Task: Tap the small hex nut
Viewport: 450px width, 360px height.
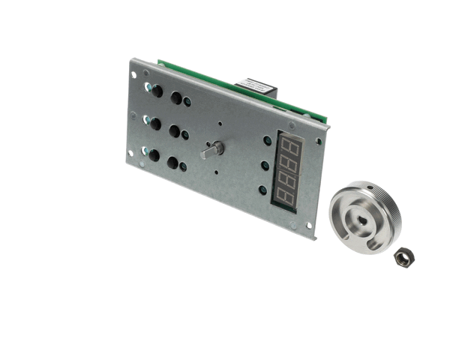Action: click(403, 257)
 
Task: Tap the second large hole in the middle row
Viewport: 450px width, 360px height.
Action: click(174, 130)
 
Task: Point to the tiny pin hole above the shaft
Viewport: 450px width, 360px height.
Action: click(220, 124)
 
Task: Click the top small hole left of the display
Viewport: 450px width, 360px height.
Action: click(268, 140)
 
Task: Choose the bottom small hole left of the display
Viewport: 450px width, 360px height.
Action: click(262, 190)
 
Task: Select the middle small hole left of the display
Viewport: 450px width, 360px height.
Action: click(265, 166)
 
